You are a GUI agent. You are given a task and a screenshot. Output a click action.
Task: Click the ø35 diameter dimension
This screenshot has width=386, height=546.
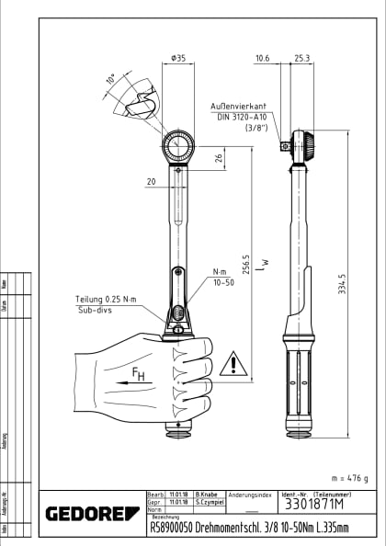(x=178, y=59)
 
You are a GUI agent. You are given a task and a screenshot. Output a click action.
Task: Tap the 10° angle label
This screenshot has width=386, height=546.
(x=111, y=81)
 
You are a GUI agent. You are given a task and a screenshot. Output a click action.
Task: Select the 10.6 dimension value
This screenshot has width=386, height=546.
(x=262, y=59)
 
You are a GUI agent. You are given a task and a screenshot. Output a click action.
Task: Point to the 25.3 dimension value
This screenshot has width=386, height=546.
(x=301, y=59)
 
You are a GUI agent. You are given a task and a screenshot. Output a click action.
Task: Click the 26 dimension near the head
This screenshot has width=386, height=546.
(x=218, y=159)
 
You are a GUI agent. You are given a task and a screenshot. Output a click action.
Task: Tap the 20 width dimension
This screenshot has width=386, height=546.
(x=150, y=181)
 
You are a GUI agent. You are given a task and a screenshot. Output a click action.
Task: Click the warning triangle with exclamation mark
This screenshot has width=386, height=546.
(x=234, y=364)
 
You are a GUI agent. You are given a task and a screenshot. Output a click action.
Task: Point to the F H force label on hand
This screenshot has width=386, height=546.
(x=138, y=375)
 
